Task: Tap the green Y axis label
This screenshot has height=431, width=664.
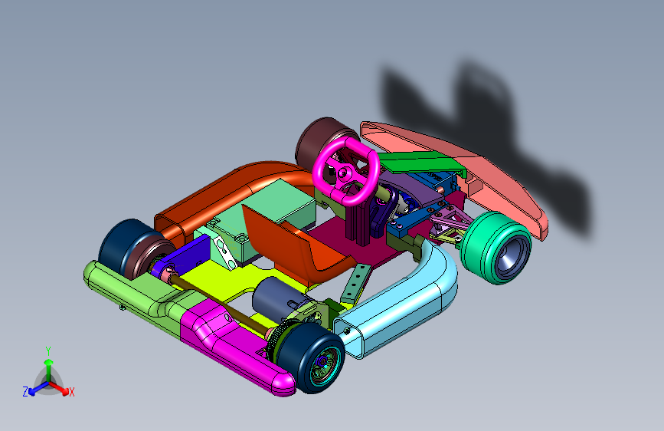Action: click(48, 351)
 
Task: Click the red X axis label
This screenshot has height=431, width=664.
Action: click(71, 392)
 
